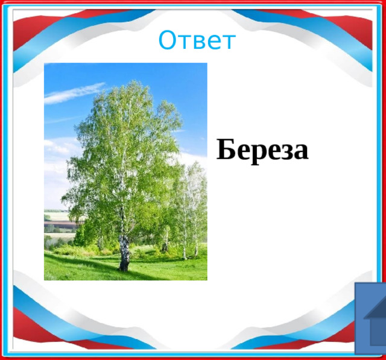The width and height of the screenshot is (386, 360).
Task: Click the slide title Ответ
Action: (x=197, y=41)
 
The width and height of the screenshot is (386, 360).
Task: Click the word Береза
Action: (x=262, y=150)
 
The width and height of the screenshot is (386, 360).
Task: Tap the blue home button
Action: (x=370, y=319)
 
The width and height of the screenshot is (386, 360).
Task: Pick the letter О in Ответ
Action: (x=166, y=41)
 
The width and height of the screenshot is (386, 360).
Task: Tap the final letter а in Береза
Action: (x=301, y=152)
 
